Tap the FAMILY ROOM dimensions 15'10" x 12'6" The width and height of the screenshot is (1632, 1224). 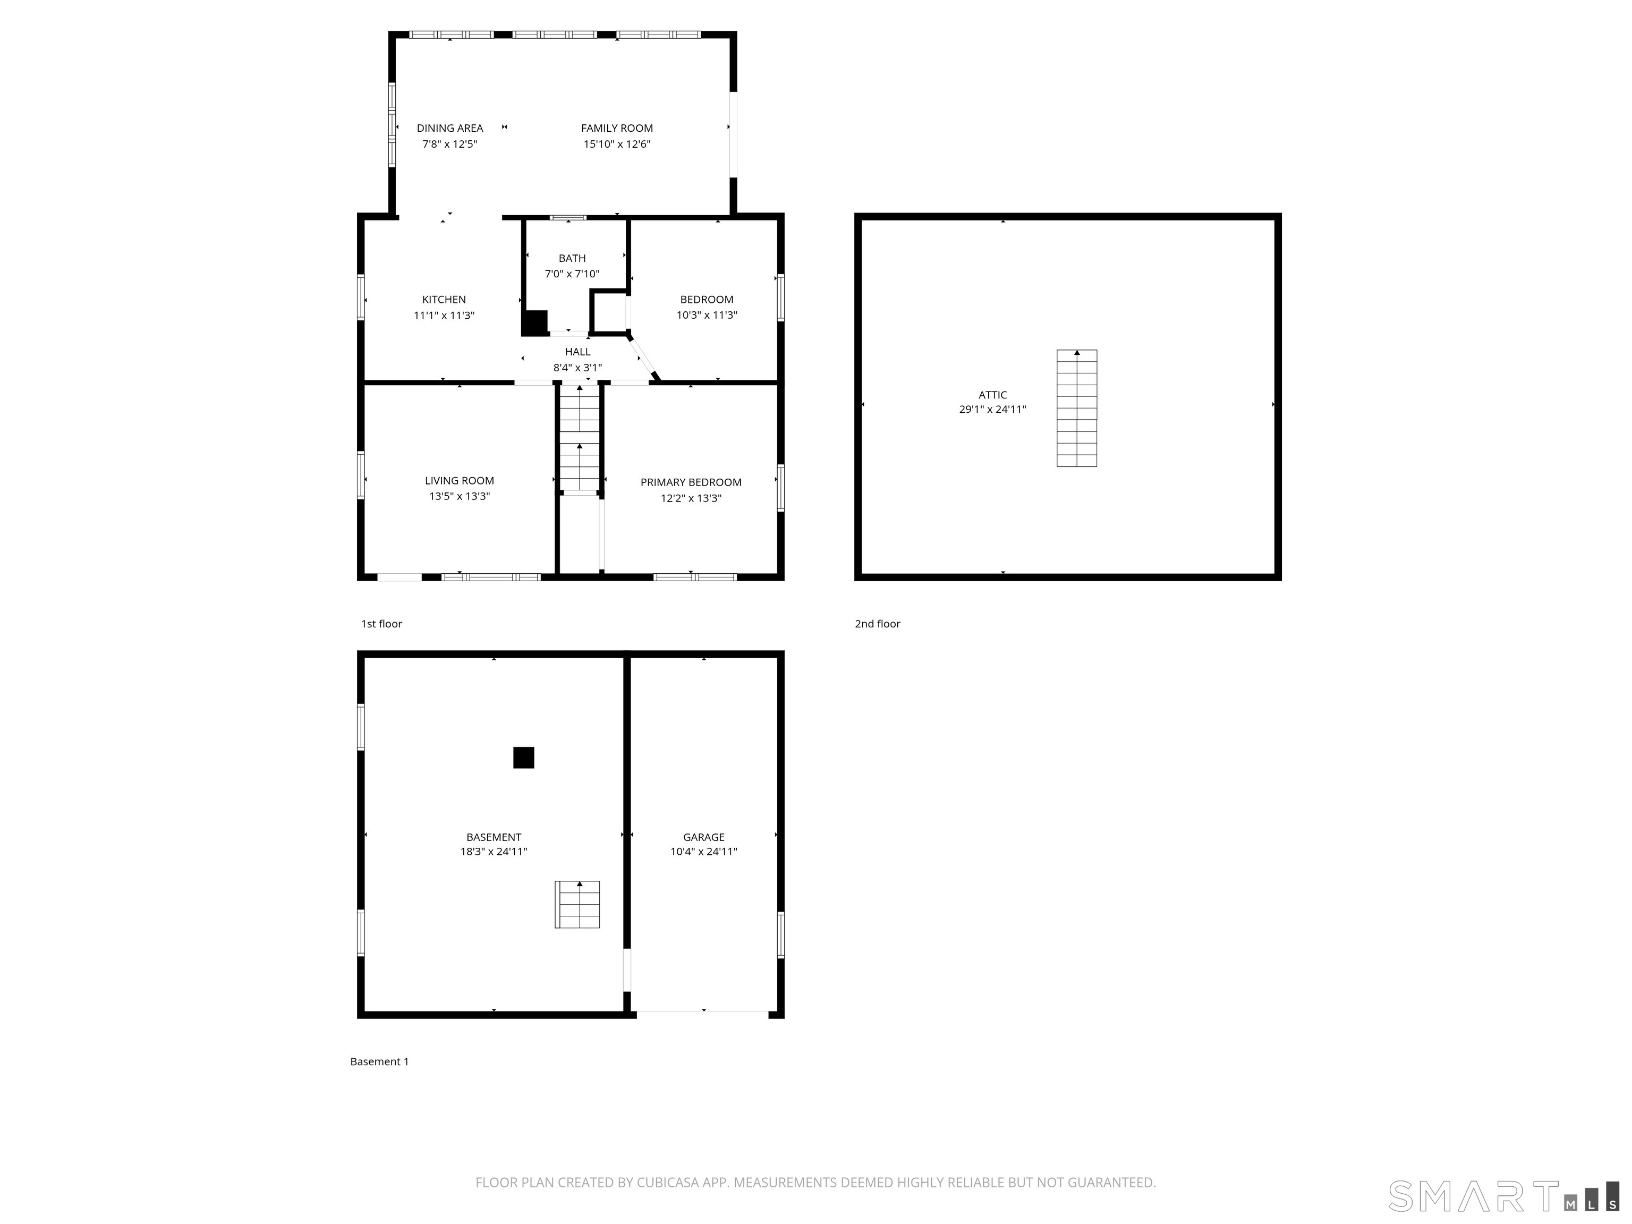pyautogui.click(x=617, y=144)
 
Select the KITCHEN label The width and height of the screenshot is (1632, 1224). pyautogui.click(x=444, y=300)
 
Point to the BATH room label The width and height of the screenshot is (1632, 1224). pyautogui.click(x=572, y=258)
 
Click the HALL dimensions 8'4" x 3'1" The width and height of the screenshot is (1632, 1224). pyautogui.click(x=577, y=368)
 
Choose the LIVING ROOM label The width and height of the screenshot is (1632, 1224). pyautogui.click(x=459, y=481)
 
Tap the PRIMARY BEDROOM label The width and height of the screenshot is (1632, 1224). pyautogui.click(x=691, y=482)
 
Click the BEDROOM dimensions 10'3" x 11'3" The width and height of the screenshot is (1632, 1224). pyautogui.click(x=706, y=315)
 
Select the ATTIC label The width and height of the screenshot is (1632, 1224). pyautogui.click(x=992, y=395)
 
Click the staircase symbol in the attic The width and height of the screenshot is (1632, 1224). pyautogui.click(x=1076, y=408)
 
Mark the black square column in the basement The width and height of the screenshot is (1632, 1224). pyautogui.click(x=524, y=758)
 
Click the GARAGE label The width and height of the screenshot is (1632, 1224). pyautogui.click(x=703, y=837)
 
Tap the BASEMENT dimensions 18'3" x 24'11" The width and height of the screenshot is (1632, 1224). pyautogui.click(x=494, y=852)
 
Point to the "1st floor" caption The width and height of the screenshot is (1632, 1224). pyautogui.click(x=381, y=624)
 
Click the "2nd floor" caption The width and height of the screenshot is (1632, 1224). pyautogui.click(x=877, y=624)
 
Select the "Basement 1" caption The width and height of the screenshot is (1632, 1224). pyautogui.click(x=379, y=1061)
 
